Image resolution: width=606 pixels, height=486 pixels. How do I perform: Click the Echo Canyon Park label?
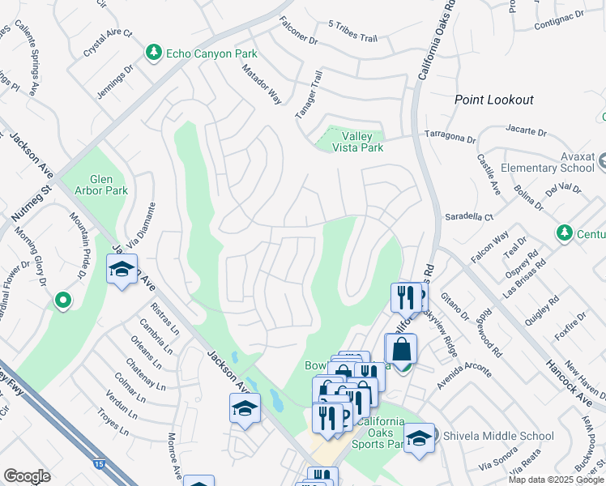pos(211,53)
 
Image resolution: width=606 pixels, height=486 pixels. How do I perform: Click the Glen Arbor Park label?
pos(109,185)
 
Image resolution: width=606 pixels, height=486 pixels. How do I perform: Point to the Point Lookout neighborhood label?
pos(493,100)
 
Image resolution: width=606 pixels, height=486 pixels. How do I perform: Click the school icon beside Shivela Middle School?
pos(419,438)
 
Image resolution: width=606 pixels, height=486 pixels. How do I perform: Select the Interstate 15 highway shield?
pos(99,464)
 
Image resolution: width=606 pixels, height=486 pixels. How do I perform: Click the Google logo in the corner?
pos(27,476)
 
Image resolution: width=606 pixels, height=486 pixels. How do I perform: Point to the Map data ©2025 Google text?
pos(557,480)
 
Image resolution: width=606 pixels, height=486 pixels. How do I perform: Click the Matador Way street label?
pos(262,84)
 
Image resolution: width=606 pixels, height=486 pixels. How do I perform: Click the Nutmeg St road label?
pos(30,205)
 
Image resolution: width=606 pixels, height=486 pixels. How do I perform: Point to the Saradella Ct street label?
pos(469,217)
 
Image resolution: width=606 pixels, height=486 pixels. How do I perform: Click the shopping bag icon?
pos(400,350)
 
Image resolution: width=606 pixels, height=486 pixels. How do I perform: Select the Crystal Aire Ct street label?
pos(107,44)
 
